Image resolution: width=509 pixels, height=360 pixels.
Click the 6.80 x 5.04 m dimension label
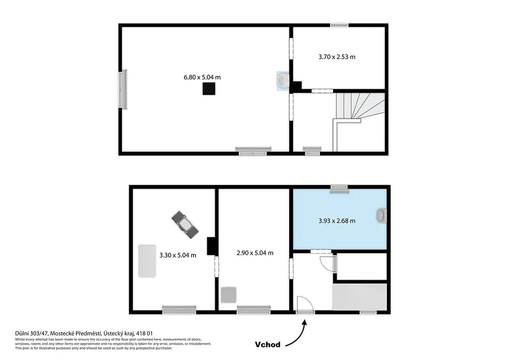pyautogui.click(x=202, y=77)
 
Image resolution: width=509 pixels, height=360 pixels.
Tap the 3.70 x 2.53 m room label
pyautogui.click(x=337, y=57)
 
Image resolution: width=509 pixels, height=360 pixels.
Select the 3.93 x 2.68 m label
pyautogui.click(x=337, y=221)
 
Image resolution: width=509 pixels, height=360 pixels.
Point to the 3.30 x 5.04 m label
pyautogui.click(x=177, y=255)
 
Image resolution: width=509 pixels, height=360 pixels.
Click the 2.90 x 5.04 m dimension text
pyautogui.click(x=255, y=253)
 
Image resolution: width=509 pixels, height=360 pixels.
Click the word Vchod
pyautogui.click(x=267, y=345)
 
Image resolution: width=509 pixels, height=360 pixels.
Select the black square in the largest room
pyautogui.click(x=209, y=89)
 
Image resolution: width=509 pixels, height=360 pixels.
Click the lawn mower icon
pyautogui.click(x=185, y=225)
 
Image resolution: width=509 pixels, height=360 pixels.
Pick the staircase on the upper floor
pyautogui.click(x=359, y=122)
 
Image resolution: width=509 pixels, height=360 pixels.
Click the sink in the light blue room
pyautogui.click(x=381, y=216)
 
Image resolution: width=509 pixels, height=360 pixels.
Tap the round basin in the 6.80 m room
pyautogui.click(x=283, y=81)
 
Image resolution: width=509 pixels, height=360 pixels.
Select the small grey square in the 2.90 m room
pyautogui.click(x=229, y=295)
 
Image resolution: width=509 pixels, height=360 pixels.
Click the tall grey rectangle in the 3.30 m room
pyautogui.click(x=147, y=261)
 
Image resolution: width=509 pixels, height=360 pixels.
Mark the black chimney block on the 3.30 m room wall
pyautogui.click(x=211, y=246)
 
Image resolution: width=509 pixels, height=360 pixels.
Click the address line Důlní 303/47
pyautogui.click(x=31, y=333)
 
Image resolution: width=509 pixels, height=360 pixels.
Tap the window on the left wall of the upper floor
pyautogui.click(x=123, y=90)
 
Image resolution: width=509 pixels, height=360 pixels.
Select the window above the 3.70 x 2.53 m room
pyautogui.click(x=339, y=25)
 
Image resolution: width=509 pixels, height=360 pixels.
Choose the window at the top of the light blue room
pyautogui.click(x=339, y=189)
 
